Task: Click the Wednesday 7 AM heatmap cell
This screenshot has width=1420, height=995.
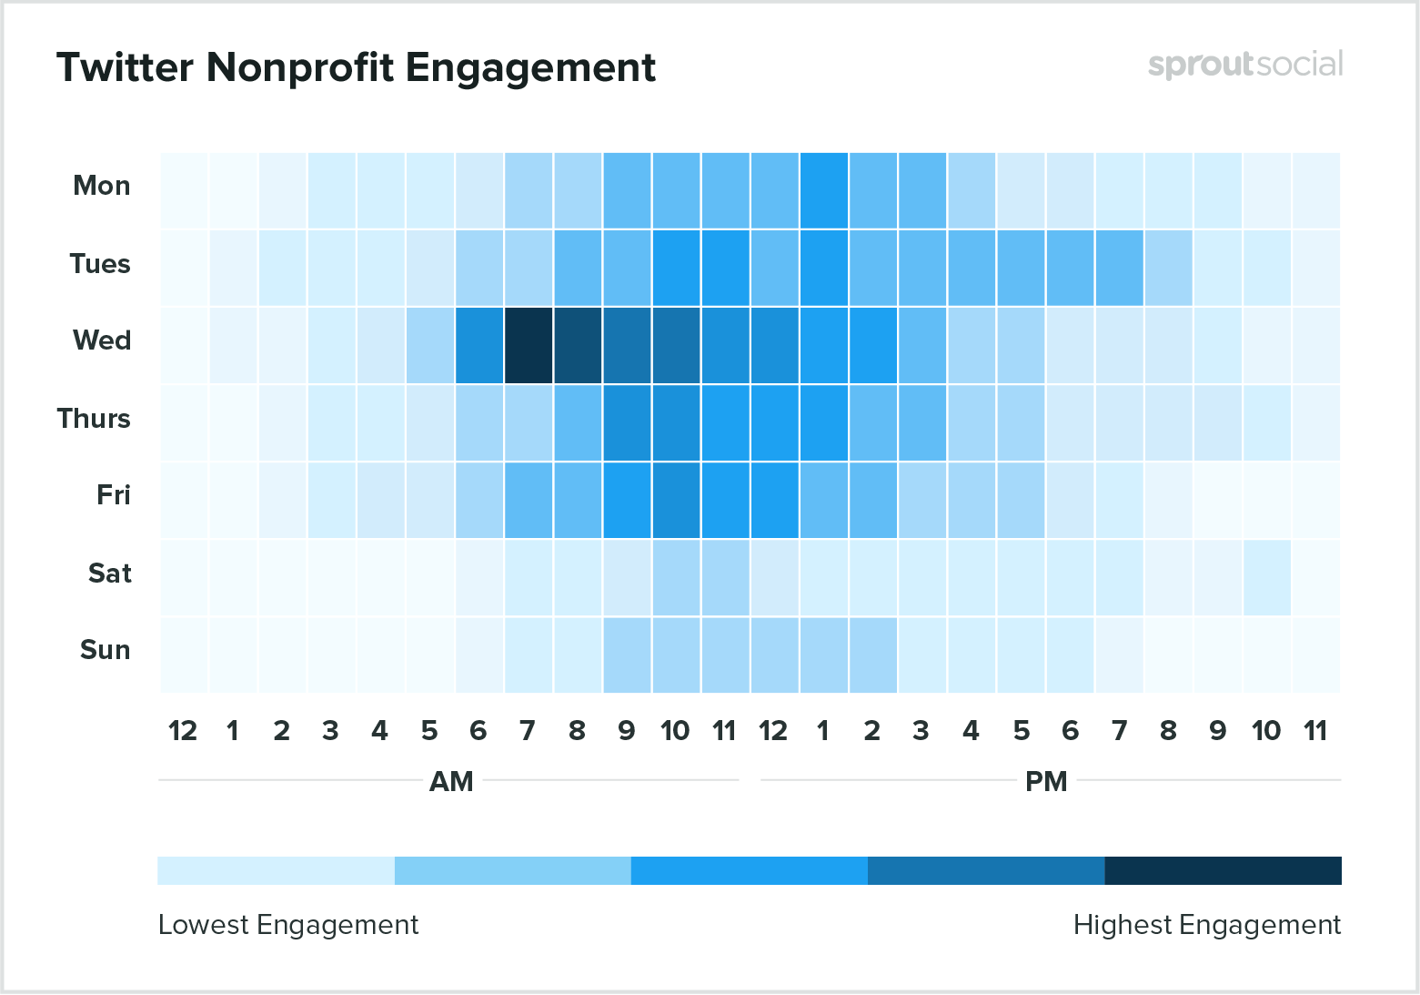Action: click(x=529, y=346)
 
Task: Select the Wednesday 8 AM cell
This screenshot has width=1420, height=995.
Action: click(x=578, y=346)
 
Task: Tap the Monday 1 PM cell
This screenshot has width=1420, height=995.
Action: click(x=824, y=190)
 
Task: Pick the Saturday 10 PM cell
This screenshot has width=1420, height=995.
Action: click(x=1266, y=578)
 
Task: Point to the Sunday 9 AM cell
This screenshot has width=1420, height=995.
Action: click(x=627, y=655)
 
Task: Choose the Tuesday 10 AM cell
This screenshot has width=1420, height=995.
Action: click(x=676, y=268)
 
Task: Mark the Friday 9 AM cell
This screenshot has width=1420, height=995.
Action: click(x=627, y=501)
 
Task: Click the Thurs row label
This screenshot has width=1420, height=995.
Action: click(x=94, y=419)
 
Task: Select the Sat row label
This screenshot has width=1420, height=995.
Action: click(x=109, y=574)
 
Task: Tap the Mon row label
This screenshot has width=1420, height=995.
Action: click(x=101, y=186)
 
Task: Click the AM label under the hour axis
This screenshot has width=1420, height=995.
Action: click(x=451, y=782)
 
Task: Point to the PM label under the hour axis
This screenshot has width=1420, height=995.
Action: click(x=1046, y=782)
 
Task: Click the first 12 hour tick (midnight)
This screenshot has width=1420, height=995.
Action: click(x=183, y=731)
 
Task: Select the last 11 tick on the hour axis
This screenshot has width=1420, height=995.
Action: click(x=1315, y=731)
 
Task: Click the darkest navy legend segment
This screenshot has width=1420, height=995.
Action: click(x=1223, y=870)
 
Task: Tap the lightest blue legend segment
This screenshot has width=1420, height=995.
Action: click(x=276, y=870)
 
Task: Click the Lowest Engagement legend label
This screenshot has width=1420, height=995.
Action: click(x=288, y=925)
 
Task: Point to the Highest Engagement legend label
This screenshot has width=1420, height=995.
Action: click(x=1206, y=925)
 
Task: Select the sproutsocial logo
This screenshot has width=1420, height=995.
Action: click(x=1244, y=65)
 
